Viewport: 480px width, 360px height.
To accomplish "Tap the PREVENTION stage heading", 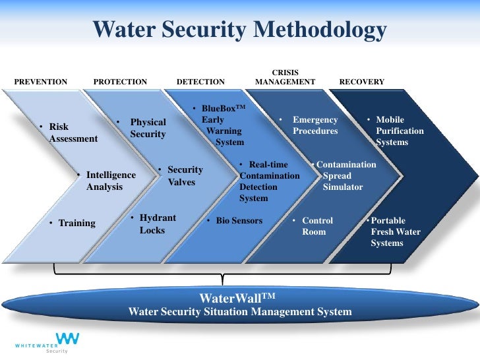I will point(41,82).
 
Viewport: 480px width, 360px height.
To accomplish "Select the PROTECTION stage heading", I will point(120,82).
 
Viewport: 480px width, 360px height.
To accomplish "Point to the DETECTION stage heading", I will point(200,82).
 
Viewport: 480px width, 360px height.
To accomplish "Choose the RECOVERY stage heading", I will point(361,82).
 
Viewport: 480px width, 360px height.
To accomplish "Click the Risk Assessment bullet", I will point(69,133).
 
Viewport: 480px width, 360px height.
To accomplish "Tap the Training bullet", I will point(74,223).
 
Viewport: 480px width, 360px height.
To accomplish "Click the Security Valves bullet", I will point(183,175).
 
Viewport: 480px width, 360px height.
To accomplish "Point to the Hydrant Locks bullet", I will point(156,224).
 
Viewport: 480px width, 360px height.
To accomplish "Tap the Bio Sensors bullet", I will point(237,220).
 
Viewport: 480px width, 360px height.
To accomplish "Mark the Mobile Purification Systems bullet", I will point(397,131).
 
